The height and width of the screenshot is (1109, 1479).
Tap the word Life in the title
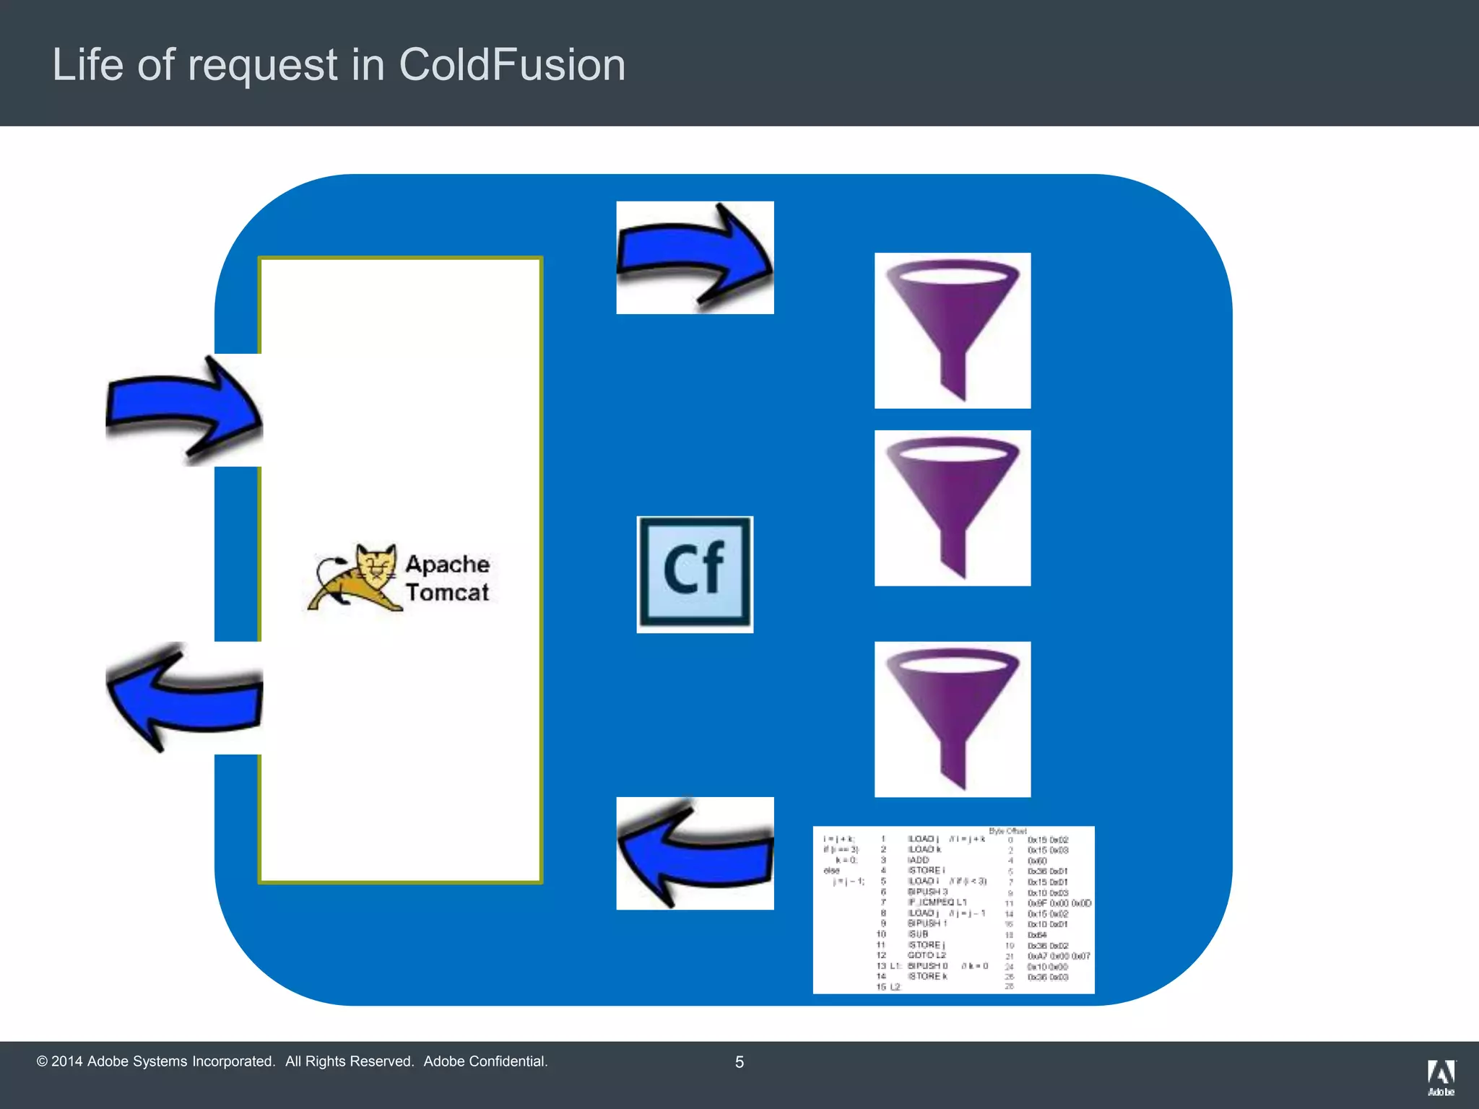click(87, 65)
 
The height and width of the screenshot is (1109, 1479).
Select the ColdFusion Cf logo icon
click(695, 574)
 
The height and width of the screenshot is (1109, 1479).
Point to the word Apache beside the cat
click(447, 564)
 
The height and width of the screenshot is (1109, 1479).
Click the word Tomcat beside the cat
click(447, 593)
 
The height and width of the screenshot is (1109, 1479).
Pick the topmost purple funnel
click(953, 330)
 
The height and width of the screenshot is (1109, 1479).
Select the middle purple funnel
click(953, 508)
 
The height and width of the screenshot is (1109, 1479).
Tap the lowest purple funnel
click(953, 719)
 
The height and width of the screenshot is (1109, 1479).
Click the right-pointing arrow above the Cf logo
click(695, 257)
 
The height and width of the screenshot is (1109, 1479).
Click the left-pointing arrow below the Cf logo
click(695, 853)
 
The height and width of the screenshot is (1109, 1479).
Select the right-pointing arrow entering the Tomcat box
click(184, 410)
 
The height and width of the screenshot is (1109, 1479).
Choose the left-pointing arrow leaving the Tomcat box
click(184, 697)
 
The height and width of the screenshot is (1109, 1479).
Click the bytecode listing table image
click(953, 910)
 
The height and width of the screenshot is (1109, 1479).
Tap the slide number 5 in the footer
click(739, 1062)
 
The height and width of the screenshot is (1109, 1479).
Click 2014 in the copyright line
click(66, 1061)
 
